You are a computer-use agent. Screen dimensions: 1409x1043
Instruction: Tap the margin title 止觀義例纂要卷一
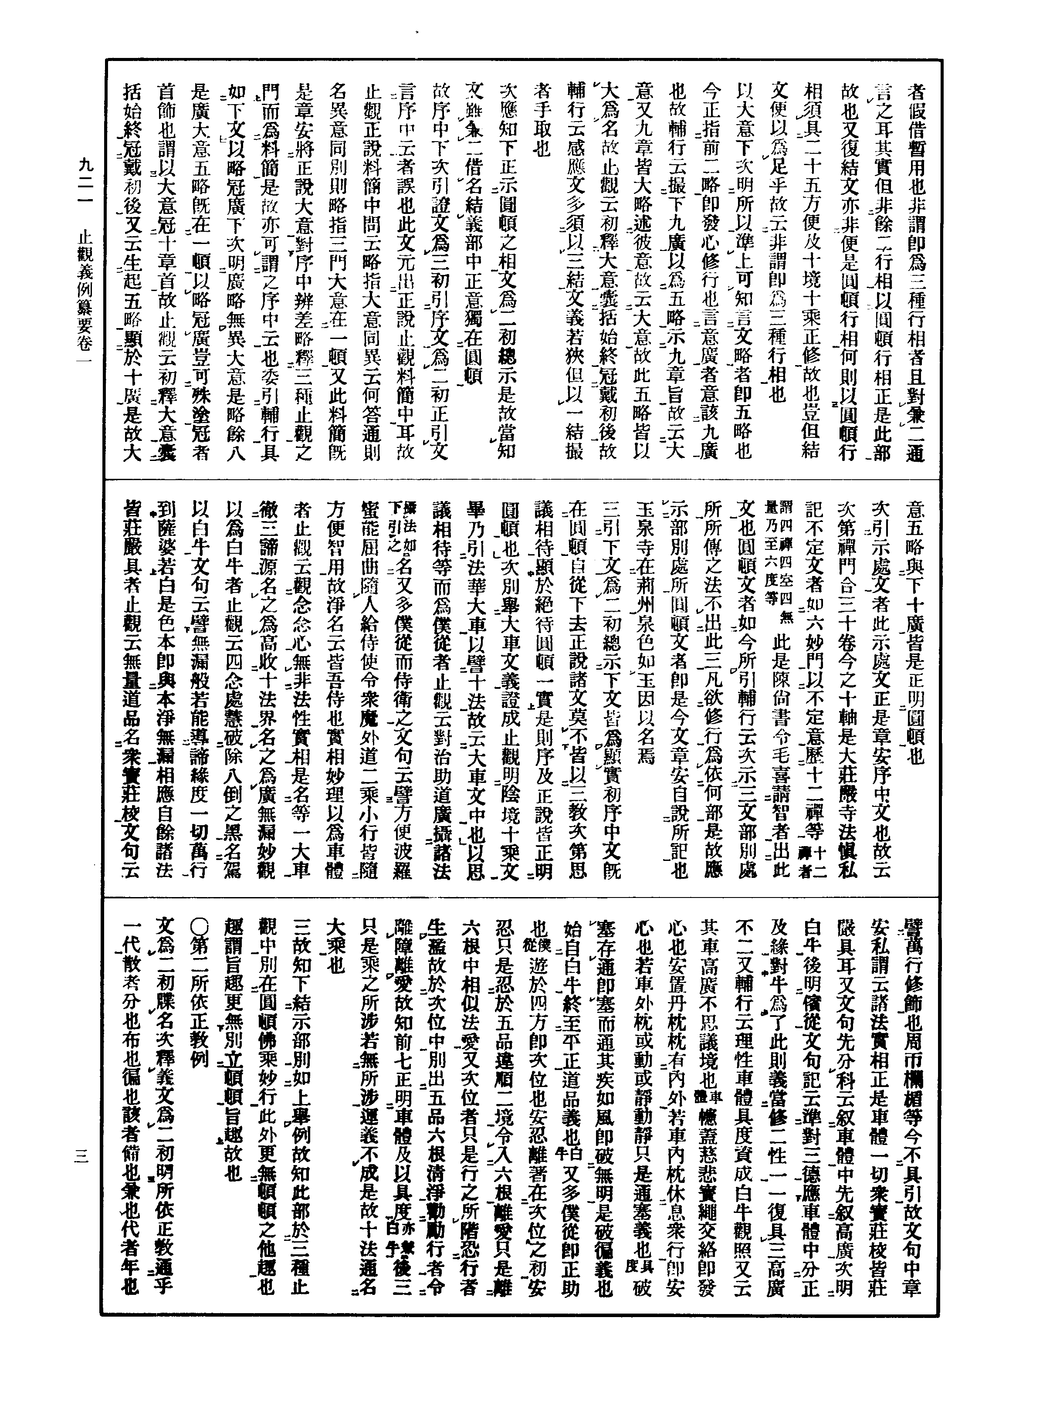(x=85, y=297)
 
